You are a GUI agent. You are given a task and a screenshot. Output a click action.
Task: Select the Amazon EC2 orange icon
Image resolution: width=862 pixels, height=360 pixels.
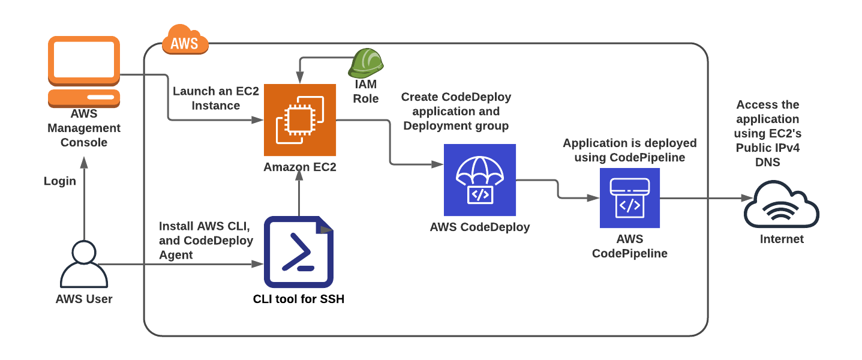(x=300, y=120)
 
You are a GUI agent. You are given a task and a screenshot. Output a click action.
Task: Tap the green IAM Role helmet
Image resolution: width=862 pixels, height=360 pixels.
(x=366, y=62)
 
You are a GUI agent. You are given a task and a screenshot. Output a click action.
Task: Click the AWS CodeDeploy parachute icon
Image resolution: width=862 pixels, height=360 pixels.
(x=480, y=180)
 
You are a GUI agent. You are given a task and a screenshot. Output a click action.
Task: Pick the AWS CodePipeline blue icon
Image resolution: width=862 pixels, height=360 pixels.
(x=629, y=198)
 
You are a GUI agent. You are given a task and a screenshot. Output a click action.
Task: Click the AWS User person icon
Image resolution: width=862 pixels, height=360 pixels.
(x=84, y=264)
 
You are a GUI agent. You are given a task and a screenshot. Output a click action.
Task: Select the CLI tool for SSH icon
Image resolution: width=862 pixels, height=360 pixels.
(x=299, y=252)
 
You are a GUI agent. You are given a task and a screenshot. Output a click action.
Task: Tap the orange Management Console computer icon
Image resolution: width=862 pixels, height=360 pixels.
(x=84, y=71)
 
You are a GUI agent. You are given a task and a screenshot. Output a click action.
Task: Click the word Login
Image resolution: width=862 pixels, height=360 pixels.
(x=60, y=181)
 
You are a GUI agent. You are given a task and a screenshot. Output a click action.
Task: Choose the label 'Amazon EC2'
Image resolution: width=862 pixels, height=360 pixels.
(x=300, y=167)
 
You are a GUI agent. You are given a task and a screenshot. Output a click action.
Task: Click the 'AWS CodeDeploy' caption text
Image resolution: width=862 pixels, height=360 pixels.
(x=480, y=227)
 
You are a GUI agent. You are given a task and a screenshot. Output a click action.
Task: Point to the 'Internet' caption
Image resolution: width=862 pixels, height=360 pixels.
(x=782, y=239)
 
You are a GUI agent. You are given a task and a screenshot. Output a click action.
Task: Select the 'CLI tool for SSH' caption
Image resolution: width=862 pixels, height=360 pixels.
(x=299, y=298)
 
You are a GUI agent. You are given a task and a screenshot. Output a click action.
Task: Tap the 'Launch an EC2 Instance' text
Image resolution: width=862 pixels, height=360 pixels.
(x=206, y=98)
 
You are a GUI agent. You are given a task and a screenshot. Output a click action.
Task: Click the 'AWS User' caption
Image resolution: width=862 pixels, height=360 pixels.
(x=84, y=299)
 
